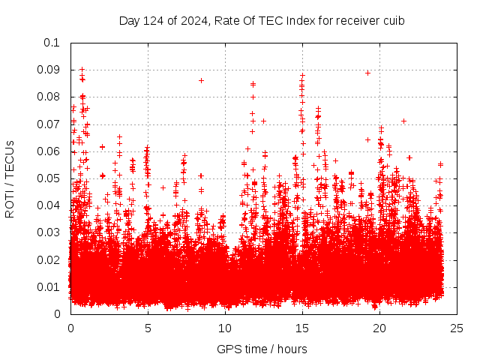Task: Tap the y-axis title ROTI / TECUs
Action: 10,178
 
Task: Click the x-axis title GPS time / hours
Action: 262,349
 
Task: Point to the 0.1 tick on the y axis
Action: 52,43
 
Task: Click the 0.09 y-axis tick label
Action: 49,70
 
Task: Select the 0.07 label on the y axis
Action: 49,124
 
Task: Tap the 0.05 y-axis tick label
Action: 49,178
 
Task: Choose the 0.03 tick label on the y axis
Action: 49,232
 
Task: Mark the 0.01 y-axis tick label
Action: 49,287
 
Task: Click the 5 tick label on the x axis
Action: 148,328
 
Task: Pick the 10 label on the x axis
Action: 225,328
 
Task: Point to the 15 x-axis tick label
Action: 302,328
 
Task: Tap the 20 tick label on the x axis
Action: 379,328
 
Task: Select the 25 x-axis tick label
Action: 457,328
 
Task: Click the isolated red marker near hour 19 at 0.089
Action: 367,73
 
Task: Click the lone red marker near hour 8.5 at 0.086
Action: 201,80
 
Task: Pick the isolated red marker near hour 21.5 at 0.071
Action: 403,121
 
